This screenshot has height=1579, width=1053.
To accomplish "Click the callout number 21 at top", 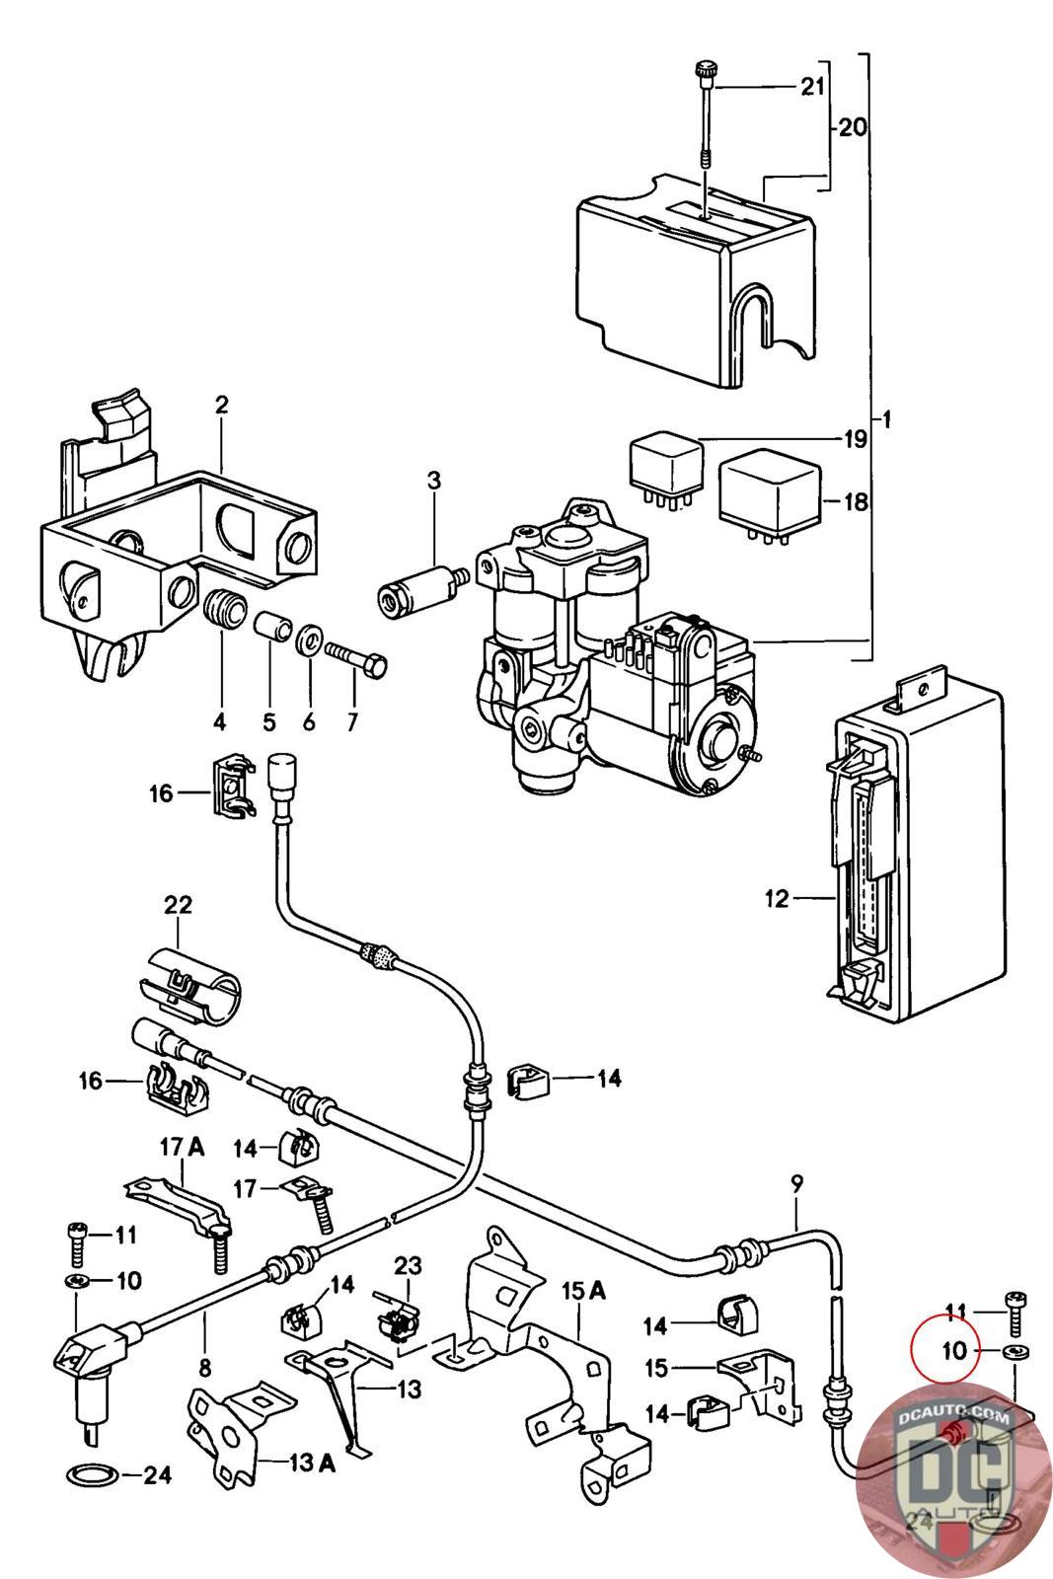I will [811, 88].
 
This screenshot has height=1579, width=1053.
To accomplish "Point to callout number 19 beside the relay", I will [854, 438].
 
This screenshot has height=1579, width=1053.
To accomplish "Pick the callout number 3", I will [434, 481].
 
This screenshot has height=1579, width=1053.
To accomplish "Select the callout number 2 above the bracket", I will [221, 405].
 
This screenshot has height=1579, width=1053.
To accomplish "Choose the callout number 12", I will [777, 899].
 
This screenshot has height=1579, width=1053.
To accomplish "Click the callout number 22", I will [178, 905].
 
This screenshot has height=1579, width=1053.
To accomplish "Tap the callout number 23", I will [408, 1265].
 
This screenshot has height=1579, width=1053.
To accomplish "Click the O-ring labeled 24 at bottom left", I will [92, 1476].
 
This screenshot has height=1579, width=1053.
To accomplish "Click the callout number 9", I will [797, 1181].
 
